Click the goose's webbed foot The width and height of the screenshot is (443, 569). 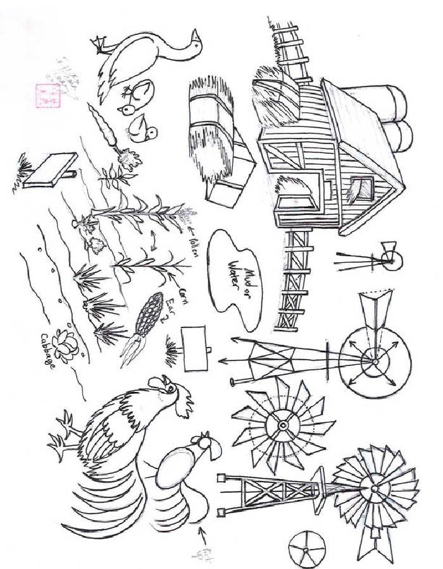(99, 44)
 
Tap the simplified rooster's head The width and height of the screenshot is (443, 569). (205, 445)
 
